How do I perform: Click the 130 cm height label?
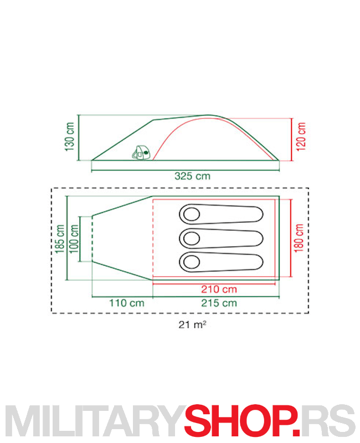[70, 137]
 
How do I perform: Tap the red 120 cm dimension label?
[301, 137]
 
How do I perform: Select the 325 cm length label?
[192, 176]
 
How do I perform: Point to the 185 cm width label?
[60, 239]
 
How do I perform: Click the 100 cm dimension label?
[74, 239]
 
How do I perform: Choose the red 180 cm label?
[299, 238]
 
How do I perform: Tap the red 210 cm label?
[219, 289]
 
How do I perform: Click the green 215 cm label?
[219, 303]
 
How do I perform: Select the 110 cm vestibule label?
[127, 303]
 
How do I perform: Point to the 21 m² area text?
[192, 324]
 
